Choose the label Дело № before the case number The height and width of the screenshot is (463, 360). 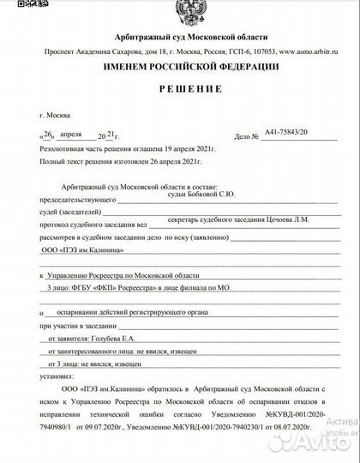(246, 136)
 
